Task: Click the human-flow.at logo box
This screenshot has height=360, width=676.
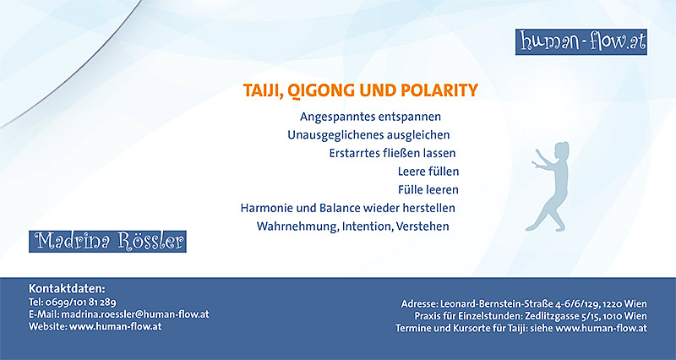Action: [581, 41]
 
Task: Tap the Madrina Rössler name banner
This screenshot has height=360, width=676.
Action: [107, 242]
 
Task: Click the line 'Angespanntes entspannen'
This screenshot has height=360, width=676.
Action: [370, 117]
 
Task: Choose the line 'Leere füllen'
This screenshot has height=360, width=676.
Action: [428, 172]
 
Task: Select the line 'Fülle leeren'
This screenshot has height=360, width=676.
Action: [428, 189]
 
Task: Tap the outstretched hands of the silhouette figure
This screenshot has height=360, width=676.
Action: [536, 158]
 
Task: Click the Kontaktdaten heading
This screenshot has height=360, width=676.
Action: [67, 288]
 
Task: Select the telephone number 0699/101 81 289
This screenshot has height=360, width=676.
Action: [80, 302]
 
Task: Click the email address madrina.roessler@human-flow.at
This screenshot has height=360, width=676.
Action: [135, 314]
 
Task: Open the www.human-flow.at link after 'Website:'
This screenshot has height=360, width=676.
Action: [116, 326]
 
